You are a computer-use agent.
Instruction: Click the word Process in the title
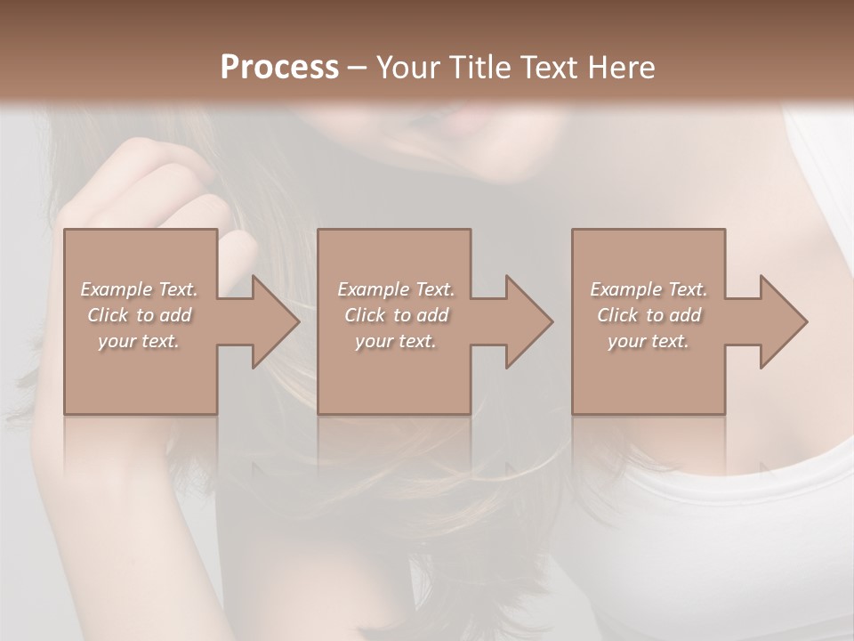pyautogui.click(x=279, y=68)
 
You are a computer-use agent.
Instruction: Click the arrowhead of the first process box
pyautogui.click(x=272, y=321)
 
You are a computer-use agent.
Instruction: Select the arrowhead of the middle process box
pyautogui.click(x=526, y=321)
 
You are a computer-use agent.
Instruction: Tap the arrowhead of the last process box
pyautogui.click(x=781, y=321)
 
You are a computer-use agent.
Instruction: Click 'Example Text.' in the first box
pyautogui.click(x=139, y=289)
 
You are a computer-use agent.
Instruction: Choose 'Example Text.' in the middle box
pyautogui.click(x=396, y=289)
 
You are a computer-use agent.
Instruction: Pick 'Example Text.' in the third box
pyautogui.click(x=649, y=289)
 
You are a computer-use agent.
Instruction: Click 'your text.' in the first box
pyautogui.click(x=139, y=341)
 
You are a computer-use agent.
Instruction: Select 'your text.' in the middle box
pyautogui.click(x=396, y=341)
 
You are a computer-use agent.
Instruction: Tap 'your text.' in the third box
pyautogui.click(x=649, y=341)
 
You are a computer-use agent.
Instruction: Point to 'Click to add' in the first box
pyautogui.click(x=139, y=315)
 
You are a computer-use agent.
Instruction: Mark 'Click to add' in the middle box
pyautogui.click(x=396, y=315)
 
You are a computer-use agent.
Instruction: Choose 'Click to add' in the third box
pyautogui.click(x=649, y=315)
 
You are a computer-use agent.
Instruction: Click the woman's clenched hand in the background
pyautogui.click(x=160, y=187)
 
